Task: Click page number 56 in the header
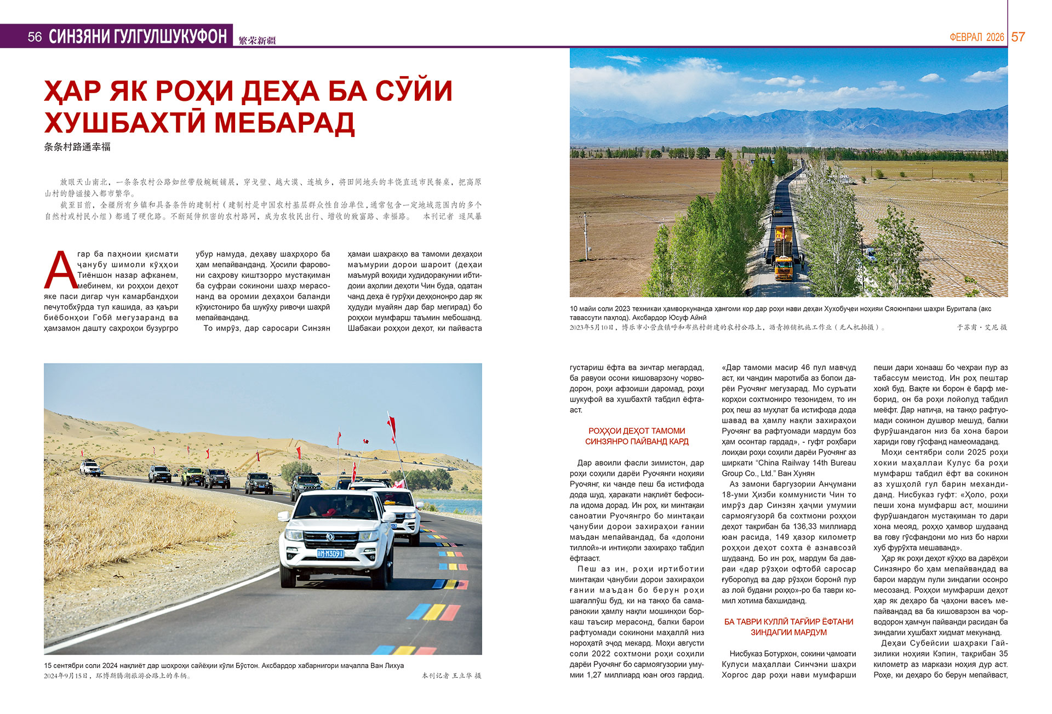click(35, 37)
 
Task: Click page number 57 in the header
click(1018, 37)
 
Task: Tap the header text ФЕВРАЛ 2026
click(976, 37)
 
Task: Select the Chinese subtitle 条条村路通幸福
click(77, 147)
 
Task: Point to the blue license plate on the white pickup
click(330, 553)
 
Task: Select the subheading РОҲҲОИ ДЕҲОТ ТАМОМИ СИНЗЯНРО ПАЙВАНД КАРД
click(637, 436)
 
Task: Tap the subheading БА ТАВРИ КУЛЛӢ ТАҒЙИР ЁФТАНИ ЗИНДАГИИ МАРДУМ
click(788, 627)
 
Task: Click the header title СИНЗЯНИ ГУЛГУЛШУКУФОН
click(138, 37)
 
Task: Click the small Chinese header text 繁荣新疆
click(257, 41)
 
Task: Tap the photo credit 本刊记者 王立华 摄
click(451, 676)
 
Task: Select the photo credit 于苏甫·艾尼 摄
click(981, 327)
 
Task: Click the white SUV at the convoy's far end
click(90, 468)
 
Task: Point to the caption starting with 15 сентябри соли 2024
click(224, 666)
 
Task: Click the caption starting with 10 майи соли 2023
click(780, 313)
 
